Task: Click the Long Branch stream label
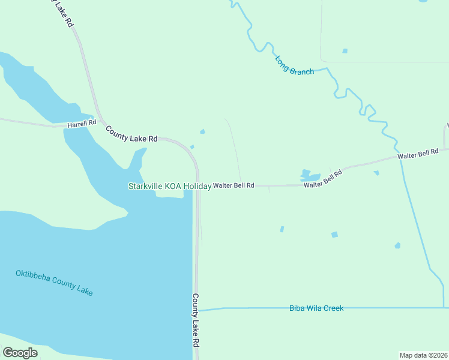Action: (294, 65)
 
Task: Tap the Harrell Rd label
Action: (82, 124)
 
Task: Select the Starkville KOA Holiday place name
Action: (169, 187)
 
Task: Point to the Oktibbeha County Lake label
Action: (54, 283)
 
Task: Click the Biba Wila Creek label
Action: (316, 308)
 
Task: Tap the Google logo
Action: (20, 352)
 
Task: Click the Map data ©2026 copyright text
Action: (423, 355)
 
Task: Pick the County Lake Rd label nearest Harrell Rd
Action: (131, 133)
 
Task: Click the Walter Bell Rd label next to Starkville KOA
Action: (234, 186)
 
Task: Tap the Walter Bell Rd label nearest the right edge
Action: (418, 154)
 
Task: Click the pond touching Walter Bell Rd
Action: (309, 175)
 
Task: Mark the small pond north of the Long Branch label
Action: (345, 51)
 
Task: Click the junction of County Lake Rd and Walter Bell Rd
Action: (198, 186)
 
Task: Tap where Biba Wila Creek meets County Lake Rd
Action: (197, 310)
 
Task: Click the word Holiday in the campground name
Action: (197, 187)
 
